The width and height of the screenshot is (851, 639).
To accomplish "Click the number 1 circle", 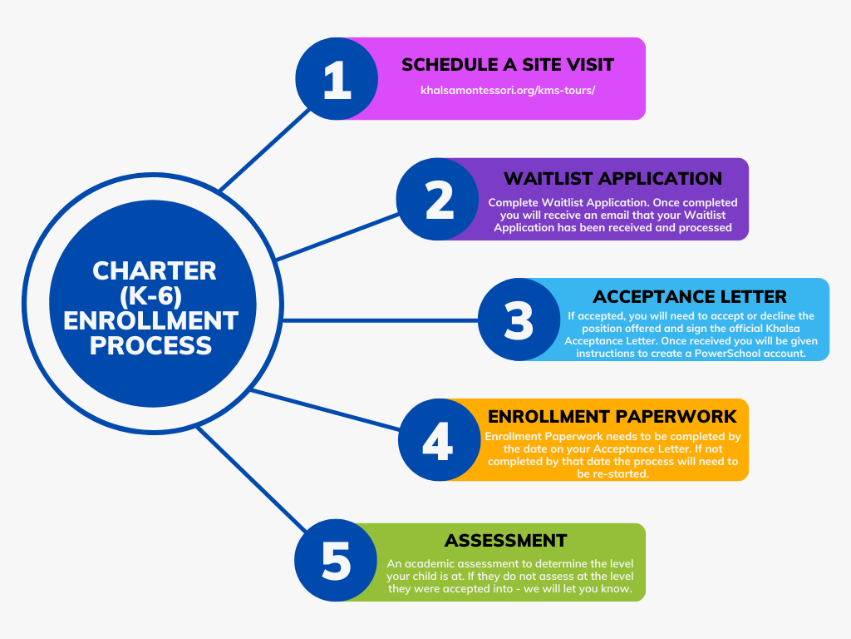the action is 337,79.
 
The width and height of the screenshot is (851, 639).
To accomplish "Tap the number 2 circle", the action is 437,200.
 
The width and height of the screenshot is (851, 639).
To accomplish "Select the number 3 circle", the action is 519,319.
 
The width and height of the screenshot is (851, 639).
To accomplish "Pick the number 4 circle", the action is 439,439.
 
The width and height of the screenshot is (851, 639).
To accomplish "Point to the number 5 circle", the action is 336,560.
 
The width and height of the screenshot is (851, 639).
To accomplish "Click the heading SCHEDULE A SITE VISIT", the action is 508,65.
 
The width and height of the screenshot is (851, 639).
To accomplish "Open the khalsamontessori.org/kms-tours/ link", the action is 508,90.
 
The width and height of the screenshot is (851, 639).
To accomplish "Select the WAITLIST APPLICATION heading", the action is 612,178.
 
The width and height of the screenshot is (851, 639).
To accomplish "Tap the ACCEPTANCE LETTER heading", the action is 689,297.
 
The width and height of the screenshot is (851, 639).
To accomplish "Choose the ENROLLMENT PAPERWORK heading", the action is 612,416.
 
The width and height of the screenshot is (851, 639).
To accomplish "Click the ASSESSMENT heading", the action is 506,541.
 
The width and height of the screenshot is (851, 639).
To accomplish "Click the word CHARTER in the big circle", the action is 154,270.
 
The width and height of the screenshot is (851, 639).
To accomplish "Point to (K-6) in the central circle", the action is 151,296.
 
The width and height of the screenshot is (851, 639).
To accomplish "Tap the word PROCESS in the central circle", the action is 151,345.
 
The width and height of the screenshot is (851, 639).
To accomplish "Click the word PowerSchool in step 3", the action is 727,354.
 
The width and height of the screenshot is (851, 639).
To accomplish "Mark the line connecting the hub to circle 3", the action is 381,320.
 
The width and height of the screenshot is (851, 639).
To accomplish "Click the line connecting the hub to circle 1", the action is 264,150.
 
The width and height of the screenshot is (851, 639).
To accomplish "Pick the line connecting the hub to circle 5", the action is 252,479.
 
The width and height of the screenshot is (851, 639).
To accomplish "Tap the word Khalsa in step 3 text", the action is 783,328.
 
